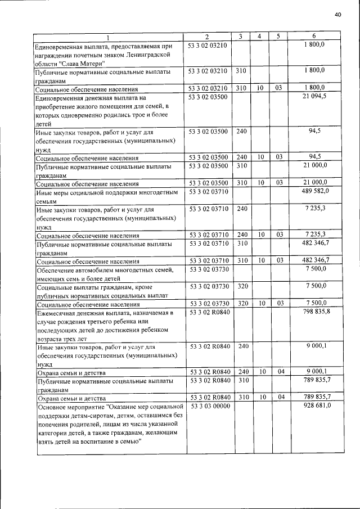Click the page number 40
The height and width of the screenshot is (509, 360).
[337, 15]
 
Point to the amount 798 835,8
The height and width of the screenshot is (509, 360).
[316, 311]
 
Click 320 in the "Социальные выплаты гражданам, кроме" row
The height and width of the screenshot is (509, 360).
[242, 287]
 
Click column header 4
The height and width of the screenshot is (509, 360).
[259, 37]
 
